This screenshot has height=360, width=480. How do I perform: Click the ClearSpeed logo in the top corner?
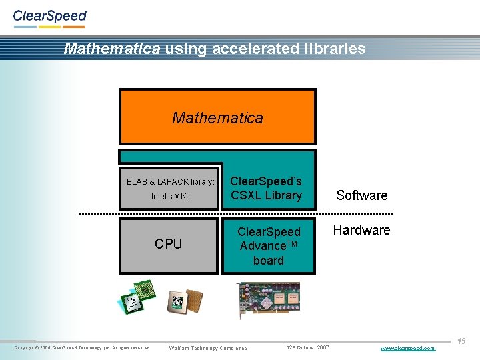click(50, 17)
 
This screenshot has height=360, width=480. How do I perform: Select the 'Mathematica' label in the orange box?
click(217, 118)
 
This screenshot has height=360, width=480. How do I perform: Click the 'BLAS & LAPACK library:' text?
click(171, 181)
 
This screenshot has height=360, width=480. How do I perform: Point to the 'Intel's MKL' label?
click(171, 196)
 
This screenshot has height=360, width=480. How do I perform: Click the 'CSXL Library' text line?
click(266, 195)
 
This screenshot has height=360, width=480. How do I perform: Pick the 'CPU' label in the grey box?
click(168, 244)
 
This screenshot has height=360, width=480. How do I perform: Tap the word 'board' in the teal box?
click(268, 261)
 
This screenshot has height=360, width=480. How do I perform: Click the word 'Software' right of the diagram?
click(361, 195)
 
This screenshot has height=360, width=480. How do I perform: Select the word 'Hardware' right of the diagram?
click(362, 230)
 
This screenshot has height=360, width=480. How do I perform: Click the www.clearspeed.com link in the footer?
click(407, 348)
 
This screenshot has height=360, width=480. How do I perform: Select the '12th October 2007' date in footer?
click(307, 348)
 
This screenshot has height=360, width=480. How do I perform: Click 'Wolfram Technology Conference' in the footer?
click(208, 348)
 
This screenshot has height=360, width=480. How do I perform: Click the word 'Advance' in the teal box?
click(264, 247)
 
